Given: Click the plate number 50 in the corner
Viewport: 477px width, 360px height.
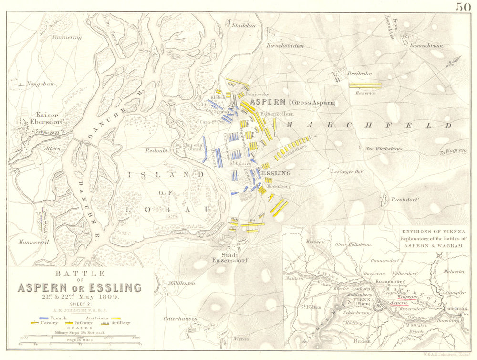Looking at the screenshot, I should (x=464, y=7).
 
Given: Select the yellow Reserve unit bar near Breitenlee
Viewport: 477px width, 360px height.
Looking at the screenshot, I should (x=365, y=85).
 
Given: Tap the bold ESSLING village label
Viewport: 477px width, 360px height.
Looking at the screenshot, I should (x=275, y=173).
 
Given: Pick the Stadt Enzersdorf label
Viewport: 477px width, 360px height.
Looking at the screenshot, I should (x=231, y=258).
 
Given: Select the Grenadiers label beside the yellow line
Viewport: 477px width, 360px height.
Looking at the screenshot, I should (x=294, y=151).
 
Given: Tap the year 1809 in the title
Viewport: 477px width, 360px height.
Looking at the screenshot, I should (x=110, y=296).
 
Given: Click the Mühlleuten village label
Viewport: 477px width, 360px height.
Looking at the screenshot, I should (x=181, y=283).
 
